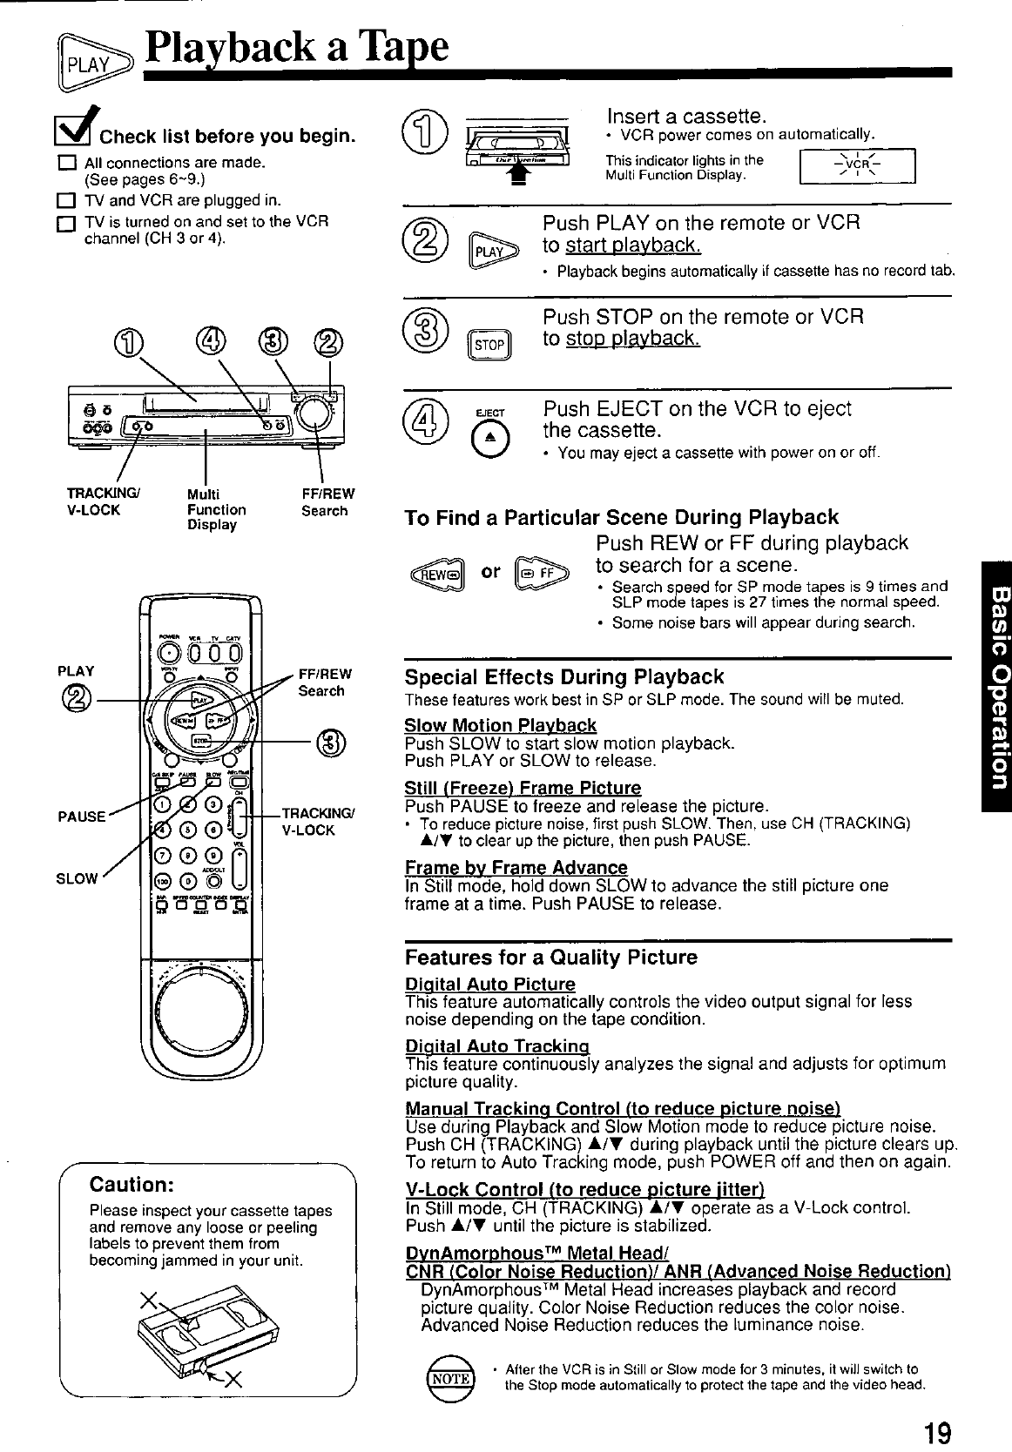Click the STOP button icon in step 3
pyautogui.click(x=489, y=344)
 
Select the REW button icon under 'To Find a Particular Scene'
pyautogui.click(x=439, y=575)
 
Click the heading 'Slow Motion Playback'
pyautogui.click(x=501, y=725)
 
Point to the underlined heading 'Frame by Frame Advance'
pyautogui.click(x=516, y=867)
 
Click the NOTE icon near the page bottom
pyautogui.click(x=449, y=1376)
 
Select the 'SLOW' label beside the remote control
pyautogui.click(x=77, y=878)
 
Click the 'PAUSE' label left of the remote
pyautogui.click(x=82, y=817)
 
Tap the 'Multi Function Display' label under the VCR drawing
pyautogui.click(x=216, y=510)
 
